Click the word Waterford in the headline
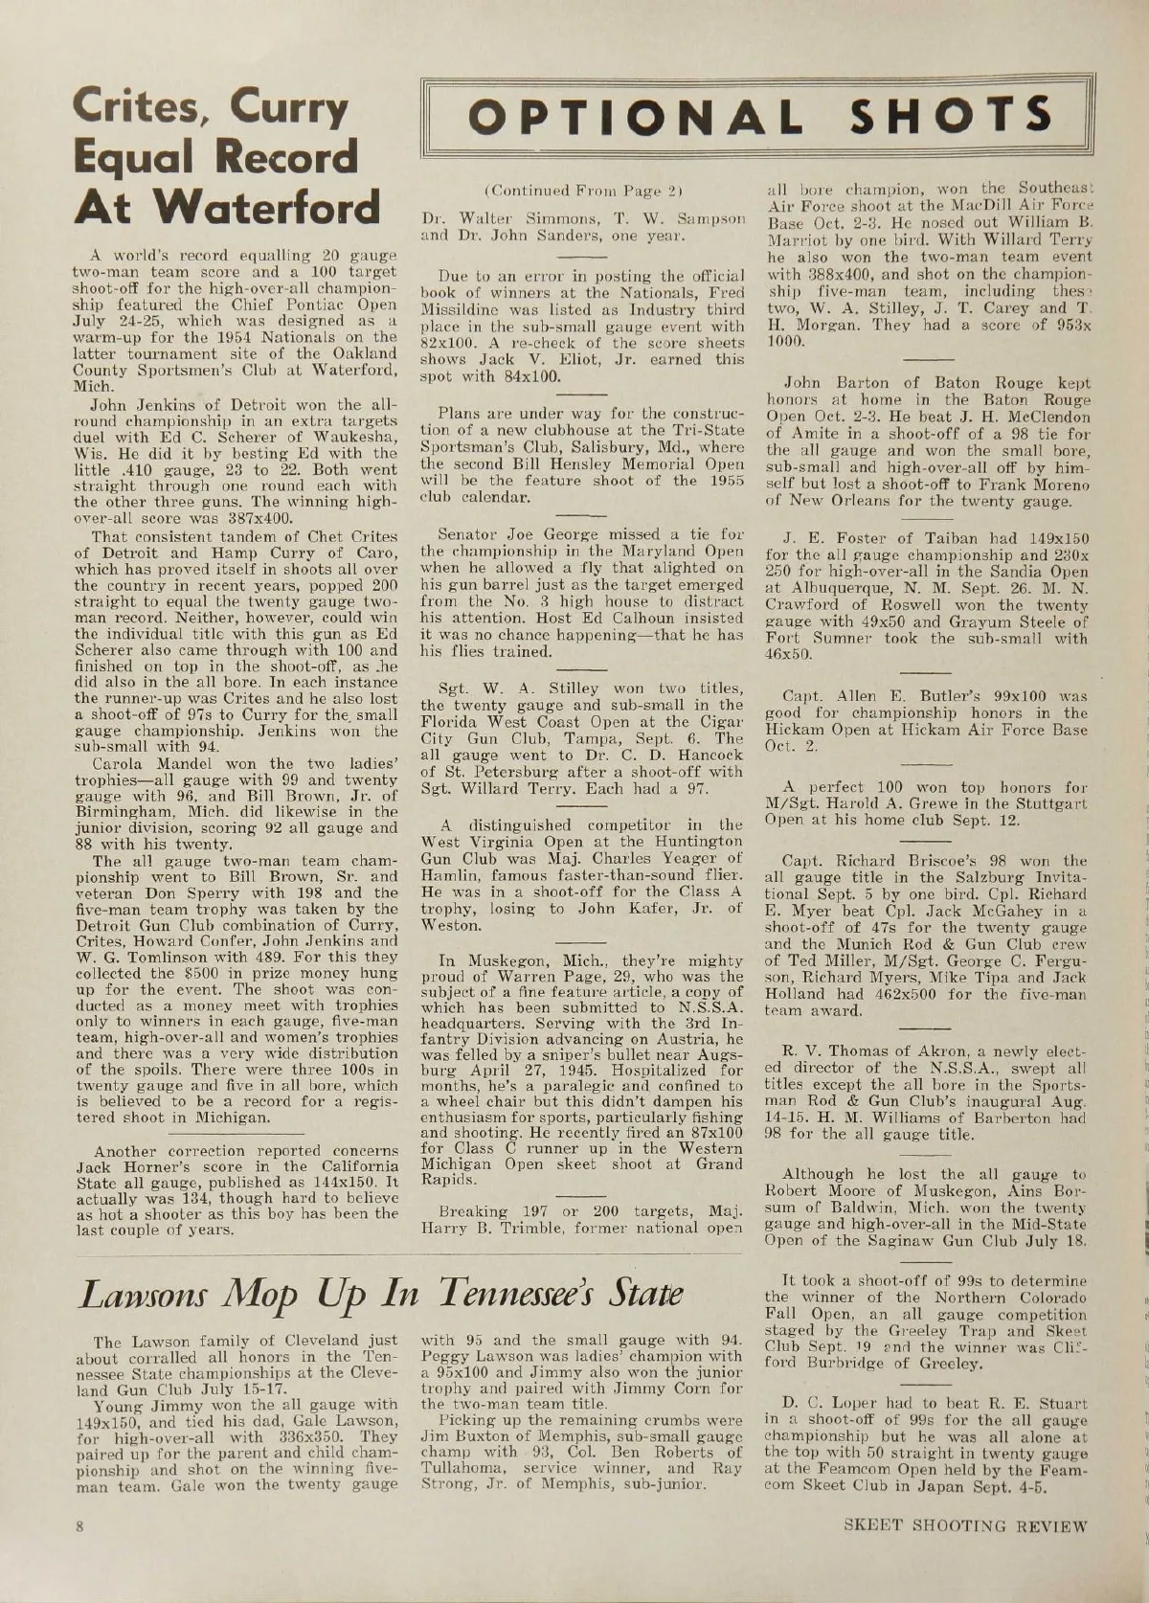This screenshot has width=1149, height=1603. [273, 206]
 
